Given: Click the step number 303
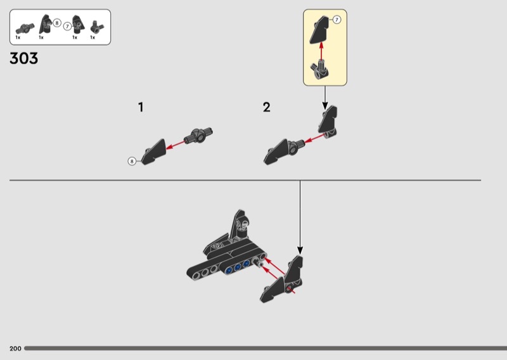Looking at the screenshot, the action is (x=24, y=58).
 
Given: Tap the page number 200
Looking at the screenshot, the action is (x=15, y=349).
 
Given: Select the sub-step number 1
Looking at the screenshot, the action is (x=141, y=107).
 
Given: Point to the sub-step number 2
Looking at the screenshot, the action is (x=266, y=107).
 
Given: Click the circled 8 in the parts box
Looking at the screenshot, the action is (x=57, y=23).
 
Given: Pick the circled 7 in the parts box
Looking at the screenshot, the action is (x=67, y=26).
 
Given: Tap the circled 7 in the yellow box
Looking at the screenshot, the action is (x=337, y=20).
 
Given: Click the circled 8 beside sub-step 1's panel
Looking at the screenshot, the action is (x=132, y=161).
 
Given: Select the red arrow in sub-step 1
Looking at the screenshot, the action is (x=176, y=145).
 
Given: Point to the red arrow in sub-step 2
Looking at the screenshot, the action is (x=314, y=138).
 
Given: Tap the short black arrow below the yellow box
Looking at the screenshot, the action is (x=325, y=98).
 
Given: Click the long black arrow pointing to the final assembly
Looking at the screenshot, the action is (x=300, y=217).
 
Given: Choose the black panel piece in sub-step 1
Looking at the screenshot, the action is (x=153, y=151).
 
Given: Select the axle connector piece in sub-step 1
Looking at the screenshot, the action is (x=198, y=135).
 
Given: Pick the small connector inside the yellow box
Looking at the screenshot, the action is (x=320, y=69).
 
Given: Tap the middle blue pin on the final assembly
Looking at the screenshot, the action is (x=238, y=267).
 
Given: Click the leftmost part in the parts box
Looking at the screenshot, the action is (x=25, y=29).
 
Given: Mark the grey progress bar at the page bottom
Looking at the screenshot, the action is (x=266, y=349).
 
